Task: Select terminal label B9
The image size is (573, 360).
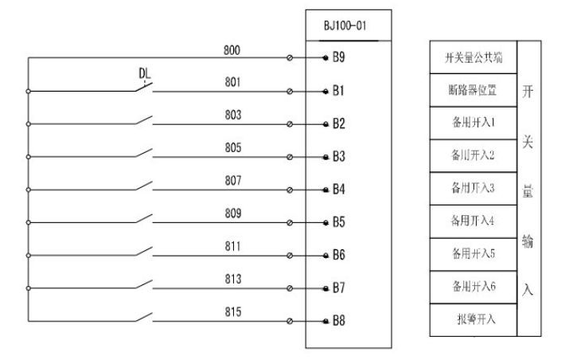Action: pyautogui.click(x=338, y=58)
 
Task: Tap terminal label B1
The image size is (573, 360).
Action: pyautogui.click(x=338, y=91)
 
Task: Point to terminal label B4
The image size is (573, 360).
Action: pyautogui.click(x=338, y=190)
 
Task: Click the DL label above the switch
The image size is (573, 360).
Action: pyautogui.click(x=145, y=74)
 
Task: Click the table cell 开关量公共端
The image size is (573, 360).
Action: pyautogui.click(x=473, y=57)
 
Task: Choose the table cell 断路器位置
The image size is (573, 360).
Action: pyautogui.click(x=473, y=90)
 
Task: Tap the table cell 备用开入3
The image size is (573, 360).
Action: pyautogui.click(x=473, y=189)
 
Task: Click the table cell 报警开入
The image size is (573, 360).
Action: pyautogui.click(x=473, y=320)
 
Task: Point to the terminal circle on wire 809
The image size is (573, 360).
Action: pyautogui.click(x=289, y=222)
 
